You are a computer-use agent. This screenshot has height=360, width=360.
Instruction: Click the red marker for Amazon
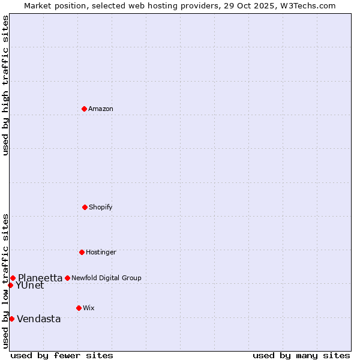84,109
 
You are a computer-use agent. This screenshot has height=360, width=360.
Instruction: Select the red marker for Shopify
85,207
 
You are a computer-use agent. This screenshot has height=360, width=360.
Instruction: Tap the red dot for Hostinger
82,252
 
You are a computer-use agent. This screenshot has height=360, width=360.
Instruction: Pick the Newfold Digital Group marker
67,278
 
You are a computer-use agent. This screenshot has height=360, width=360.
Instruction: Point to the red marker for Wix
79,308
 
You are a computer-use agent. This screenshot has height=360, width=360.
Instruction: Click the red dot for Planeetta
13,278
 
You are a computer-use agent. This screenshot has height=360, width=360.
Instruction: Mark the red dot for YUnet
10,285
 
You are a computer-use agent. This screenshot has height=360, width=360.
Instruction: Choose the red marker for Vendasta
11,319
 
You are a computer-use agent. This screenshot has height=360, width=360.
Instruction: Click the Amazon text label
101,109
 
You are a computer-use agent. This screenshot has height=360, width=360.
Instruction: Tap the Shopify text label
101,207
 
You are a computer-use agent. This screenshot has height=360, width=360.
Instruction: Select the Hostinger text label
101,252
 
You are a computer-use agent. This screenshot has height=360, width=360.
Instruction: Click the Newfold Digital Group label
106,278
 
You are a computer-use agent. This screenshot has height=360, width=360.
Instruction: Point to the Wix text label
89,308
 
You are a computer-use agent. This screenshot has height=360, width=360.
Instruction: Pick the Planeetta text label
40,278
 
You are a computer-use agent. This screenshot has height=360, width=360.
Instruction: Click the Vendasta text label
39,319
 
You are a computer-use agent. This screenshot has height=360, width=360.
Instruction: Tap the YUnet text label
30,286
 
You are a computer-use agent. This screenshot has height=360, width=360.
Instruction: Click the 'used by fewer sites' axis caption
62,355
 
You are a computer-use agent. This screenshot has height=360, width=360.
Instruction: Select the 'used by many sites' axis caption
301,355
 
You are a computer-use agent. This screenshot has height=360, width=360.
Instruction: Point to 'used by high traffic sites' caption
5,85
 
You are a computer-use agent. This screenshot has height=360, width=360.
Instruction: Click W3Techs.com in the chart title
306,5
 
